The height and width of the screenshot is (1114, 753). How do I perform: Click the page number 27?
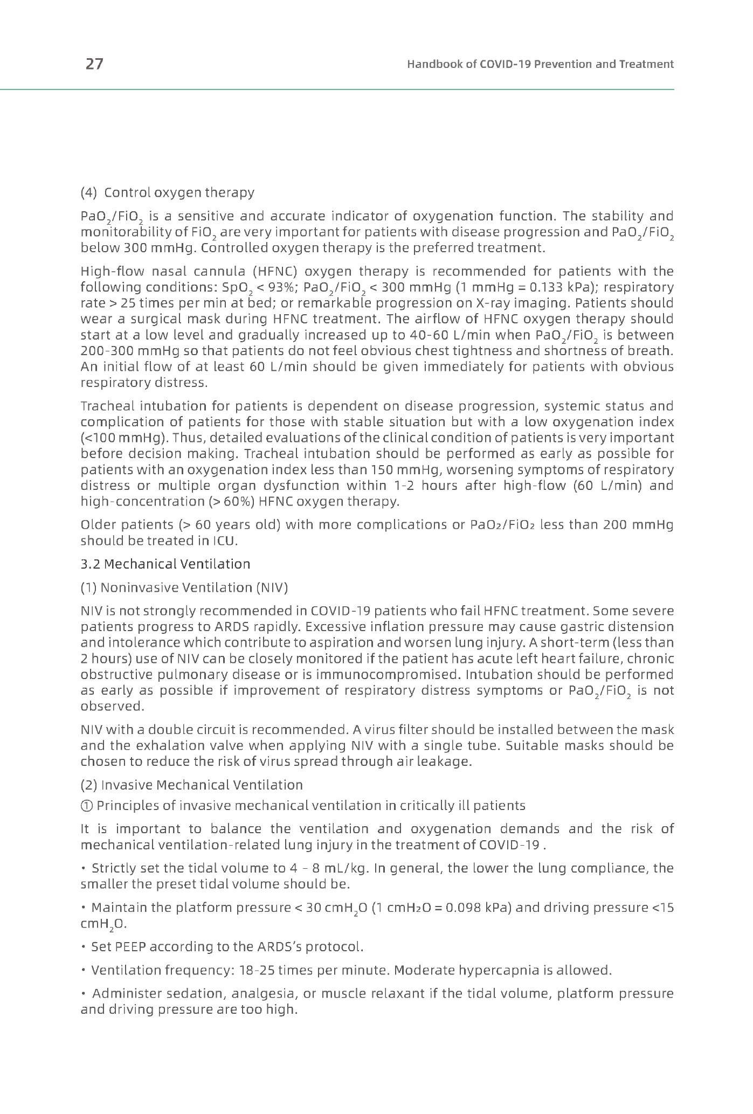pos(94,64)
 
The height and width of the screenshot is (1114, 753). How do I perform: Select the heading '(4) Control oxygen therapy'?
pos(167,192)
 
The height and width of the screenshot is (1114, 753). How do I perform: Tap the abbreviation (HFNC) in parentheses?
pos(275,271)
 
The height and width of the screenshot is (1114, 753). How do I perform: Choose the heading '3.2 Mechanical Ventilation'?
pos(165,564)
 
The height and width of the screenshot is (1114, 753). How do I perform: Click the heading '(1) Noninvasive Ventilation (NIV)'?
pos(184,587)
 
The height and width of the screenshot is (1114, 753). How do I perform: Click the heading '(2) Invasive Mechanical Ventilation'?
pos(191,785)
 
